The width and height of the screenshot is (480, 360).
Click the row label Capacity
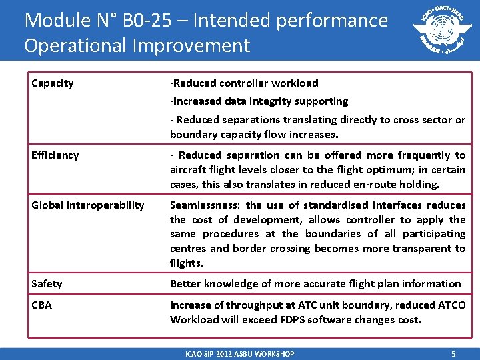(53, 83)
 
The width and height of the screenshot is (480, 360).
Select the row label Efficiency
(55, 155)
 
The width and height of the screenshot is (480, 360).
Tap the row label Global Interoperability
(87, 205)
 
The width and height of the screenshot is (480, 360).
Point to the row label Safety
(47, 284)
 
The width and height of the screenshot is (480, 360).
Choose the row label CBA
(41, 305)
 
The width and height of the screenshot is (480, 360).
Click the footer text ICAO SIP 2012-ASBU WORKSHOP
(240, 354)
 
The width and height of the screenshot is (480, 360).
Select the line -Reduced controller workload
(244, 83)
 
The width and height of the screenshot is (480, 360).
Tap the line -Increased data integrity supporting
(259, 101)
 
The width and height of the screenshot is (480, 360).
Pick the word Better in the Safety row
(186, 284)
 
